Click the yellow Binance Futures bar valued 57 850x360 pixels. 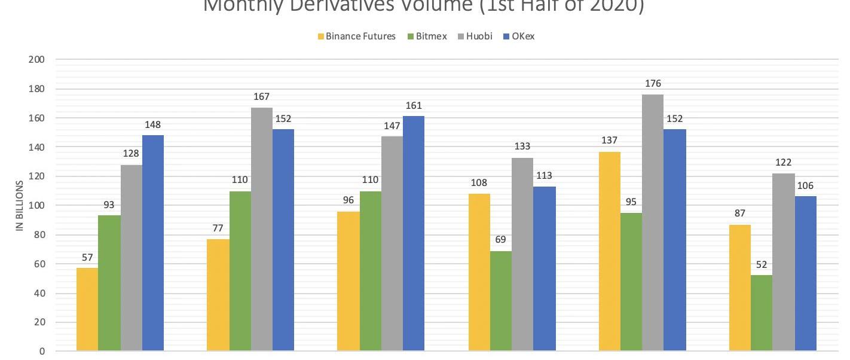pos(87,309)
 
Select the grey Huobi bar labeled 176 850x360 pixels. pos(653,222)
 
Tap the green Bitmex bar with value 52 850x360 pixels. pos(762,313)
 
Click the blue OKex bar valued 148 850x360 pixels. pos(153,243)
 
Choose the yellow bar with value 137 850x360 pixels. pos(609,251)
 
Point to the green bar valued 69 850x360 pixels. pos(500,301)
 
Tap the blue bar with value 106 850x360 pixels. pos(806,273)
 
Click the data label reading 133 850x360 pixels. pos(522,147)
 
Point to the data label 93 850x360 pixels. pos(109,205)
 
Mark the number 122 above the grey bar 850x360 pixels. pos(783,163)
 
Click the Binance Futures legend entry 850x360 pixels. pos(356,36)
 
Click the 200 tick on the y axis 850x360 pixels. pos(36,60)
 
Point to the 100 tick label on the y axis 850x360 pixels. pos(36,206)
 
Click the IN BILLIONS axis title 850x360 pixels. pos(20,206)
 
